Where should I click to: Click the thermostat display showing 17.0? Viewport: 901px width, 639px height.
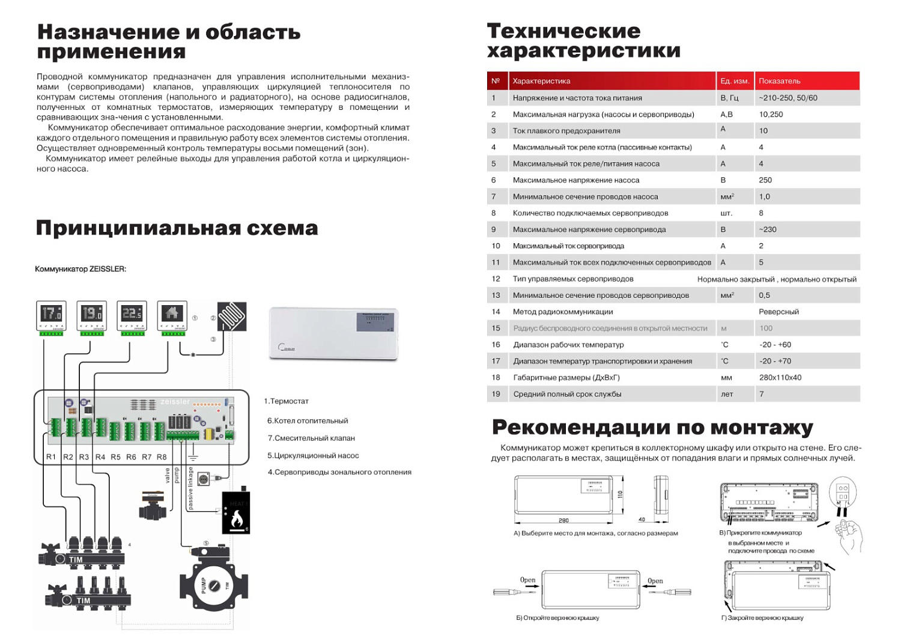click(x=51, y=313)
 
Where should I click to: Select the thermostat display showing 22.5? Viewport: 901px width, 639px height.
click(x=132, y=313)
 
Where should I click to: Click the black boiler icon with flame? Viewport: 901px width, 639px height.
click(x=236, y=513)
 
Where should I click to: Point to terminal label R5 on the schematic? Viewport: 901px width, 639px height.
click(x=115, y=457)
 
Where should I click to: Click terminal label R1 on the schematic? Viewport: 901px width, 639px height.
click(x=51, y=457)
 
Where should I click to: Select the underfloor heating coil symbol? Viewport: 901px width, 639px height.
click(x=232, y=316)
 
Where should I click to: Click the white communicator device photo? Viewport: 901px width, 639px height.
click(x=334, y=333)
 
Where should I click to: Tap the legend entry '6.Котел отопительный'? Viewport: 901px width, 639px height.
click(x=308, y=421)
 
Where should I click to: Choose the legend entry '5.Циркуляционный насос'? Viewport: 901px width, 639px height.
click(x=313, y=455)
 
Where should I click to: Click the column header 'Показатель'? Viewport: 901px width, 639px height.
click(x=779, y=81)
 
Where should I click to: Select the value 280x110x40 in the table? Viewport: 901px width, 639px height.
click(x=780, y=378)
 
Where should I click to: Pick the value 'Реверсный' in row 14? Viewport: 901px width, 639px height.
click(x=779, y=312)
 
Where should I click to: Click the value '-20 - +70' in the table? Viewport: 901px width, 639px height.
click(x=775, y=362)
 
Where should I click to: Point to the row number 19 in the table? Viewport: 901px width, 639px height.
click(x=496, y=394)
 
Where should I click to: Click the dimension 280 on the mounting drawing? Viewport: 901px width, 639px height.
click(x=563, y=521)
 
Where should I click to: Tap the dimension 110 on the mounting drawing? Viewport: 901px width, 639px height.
click(x=620, y=494)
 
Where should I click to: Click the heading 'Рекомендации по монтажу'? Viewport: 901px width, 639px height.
click(x=652, y=428)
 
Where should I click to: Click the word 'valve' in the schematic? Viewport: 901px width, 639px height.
click(x=168, y=476)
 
